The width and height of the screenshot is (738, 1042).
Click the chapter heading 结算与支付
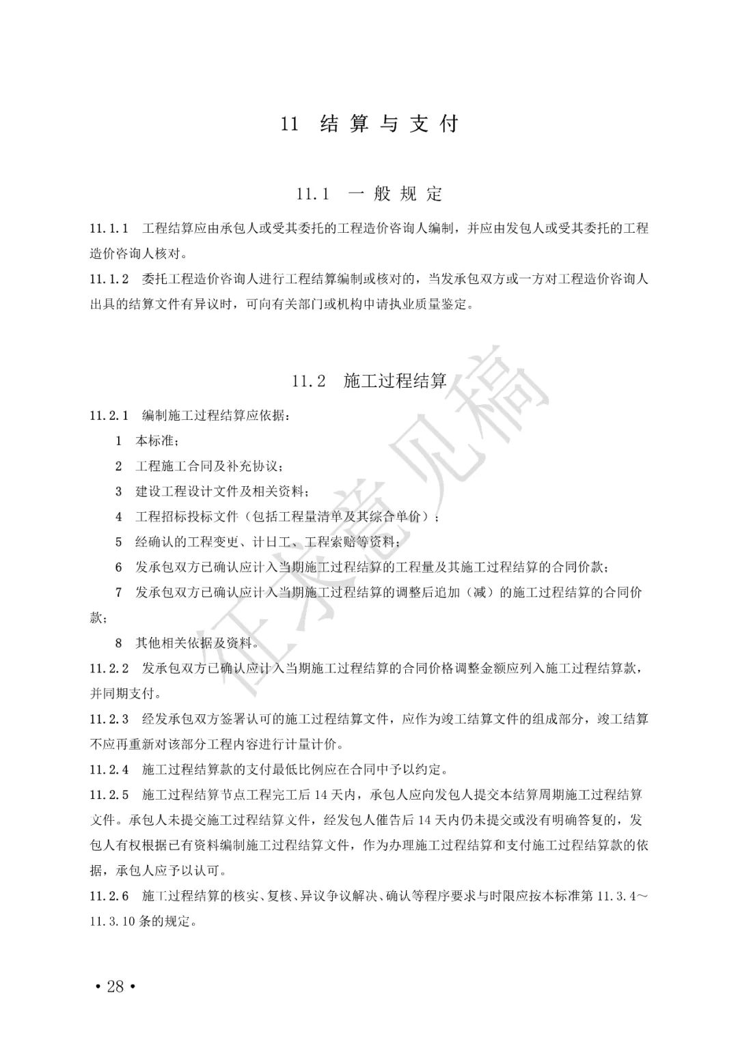(x=389, y=124)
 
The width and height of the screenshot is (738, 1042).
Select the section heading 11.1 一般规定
(x=369, y=194)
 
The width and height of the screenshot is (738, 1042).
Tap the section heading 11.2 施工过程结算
(x=369, y=380)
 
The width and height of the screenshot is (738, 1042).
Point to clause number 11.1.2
(x=109, y=279)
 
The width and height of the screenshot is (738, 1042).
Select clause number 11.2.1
(x=109, y=415)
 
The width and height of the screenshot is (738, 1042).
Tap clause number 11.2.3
(x=109, y=718)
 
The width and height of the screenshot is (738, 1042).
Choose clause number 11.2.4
(x=109, y=770)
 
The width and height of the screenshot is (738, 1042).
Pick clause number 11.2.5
(x=109, y=795)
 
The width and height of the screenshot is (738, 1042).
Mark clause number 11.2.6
(x=109, y=896)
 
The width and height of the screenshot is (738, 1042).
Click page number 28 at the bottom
(x=115, y=986)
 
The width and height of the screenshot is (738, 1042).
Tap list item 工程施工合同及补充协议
(x=208, y=466)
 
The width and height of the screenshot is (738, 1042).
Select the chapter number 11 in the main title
(x=290, y=124)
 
